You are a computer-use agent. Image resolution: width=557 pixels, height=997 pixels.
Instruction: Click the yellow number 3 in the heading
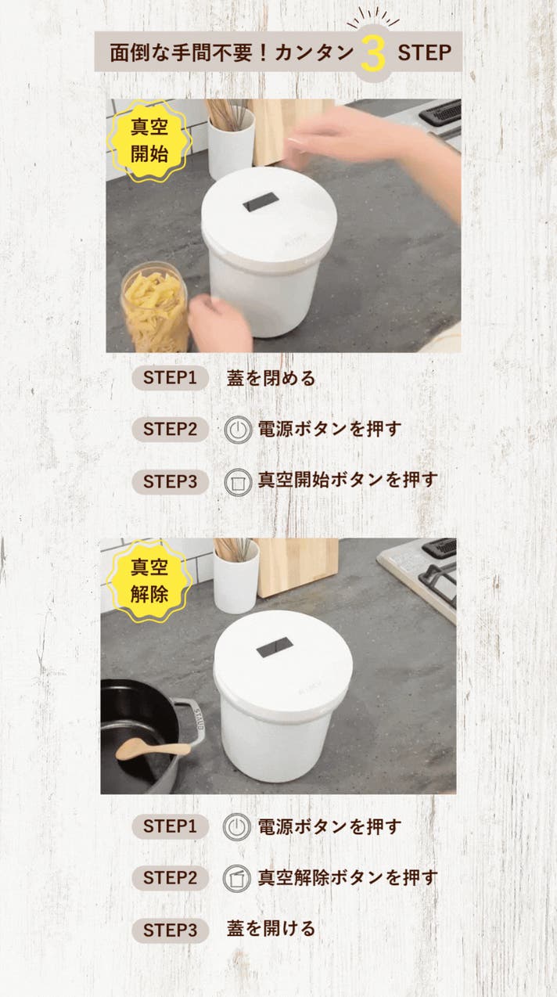[x=373, y=53]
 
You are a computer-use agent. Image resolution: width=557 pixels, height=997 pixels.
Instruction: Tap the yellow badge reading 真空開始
[x=149, y=141]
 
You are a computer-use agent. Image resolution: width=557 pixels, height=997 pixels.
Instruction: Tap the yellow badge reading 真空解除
[x=149, y=581]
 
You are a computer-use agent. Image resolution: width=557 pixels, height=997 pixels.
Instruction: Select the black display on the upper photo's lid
[x=261, y=202]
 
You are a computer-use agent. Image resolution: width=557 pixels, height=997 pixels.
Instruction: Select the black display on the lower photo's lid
[x=275, y=646]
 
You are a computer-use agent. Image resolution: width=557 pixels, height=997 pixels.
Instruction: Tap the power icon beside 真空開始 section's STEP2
[x=238, y=430]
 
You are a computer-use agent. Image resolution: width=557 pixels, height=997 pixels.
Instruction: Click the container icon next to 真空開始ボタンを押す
[x=238, y=482]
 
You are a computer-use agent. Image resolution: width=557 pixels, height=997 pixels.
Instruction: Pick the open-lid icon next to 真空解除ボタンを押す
[x=237, y=878]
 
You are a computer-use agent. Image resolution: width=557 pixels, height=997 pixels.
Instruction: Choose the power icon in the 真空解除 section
[x=237, y=826]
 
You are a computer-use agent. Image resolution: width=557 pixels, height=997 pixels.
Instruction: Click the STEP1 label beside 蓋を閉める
[x=170, y=378]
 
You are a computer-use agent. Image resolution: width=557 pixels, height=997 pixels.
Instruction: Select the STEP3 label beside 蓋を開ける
[x=170, y=930]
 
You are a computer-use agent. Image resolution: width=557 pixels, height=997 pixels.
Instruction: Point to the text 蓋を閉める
[x=271, y=378]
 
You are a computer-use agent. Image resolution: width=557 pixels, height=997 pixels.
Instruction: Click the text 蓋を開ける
[x=271, y=929]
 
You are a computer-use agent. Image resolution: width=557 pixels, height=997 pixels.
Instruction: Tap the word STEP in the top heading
[x=425, y=53]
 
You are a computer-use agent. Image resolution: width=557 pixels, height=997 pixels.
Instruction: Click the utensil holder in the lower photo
[x=236, y=577]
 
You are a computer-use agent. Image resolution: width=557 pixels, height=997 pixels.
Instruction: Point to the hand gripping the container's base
[x=221, y=322]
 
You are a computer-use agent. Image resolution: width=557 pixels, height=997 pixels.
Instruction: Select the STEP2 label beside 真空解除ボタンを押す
[x=170, y=878]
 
